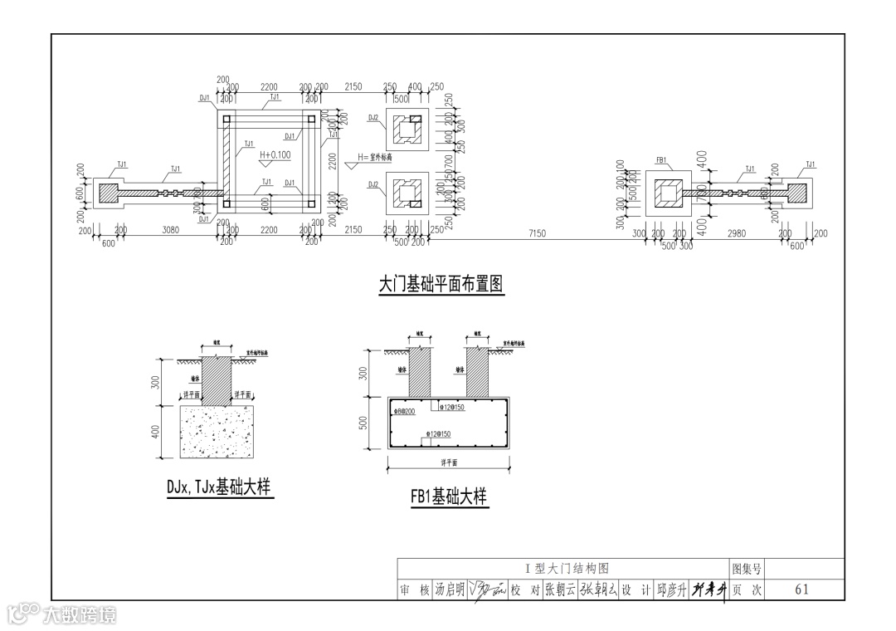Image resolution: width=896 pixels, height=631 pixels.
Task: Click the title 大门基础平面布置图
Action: coord(441,285)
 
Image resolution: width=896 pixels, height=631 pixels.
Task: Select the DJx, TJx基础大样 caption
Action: coord(219,488)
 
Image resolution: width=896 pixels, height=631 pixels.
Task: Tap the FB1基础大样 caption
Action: coord(448,496)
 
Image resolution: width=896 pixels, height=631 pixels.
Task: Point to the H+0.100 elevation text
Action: coord(275,155)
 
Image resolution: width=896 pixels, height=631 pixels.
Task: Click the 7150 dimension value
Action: coord(537,234)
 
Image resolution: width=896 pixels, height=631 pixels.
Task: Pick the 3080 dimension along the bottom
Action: coord(170,230)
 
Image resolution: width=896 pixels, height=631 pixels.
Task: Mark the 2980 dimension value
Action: coord(736,234)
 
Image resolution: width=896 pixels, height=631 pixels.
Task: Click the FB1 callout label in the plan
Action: coord(661,159)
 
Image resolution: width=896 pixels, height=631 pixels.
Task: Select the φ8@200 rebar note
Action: coord(405,412)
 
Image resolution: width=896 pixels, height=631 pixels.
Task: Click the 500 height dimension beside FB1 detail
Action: coord(363,423)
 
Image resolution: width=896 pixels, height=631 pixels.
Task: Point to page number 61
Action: coord(801,589)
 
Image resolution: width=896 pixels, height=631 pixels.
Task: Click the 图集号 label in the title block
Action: coord(746,569)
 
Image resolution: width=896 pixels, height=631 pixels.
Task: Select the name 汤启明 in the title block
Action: coord(450,589)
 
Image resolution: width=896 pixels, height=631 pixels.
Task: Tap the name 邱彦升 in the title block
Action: coord(671,589)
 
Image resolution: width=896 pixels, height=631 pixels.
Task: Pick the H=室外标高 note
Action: coord(374,158)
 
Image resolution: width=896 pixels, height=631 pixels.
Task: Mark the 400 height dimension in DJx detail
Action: coord(155,432)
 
